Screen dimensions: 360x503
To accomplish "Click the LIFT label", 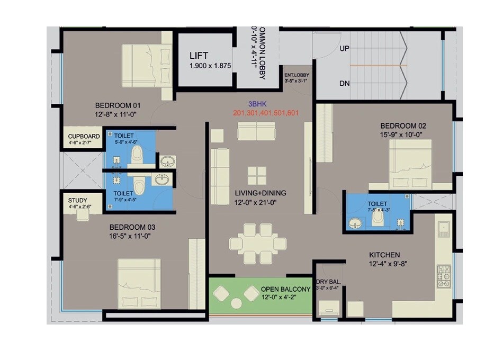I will [x=199, y=56].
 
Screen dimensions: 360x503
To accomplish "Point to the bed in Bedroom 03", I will [x=139, y=283].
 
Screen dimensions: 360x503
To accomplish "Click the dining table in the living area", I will [x=258, y=243].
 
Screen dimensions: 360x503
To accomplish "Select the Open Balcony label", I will [x=285, y=290].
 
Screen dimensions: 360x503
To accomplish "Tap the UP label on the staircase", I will [x=345, y=49].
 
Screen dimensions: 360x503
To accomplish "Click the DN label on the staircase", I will [x=345, y=84].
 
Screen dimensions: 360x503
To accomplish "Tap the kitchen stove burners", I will [x=443, y=276].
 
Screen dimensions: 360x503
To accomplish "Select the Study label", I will [x=78, y=200].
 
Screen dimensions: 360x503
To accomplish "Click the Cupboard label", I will [x=84, y=136].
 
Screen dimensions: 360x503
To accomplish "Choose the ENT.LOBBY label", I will [x=297, y=75].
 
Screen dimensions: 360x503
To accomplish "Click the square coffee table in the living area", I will [x=257, y=175].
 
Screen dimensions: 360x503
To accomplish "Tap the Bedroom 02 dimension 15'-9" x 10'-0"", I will [x=403, y=134].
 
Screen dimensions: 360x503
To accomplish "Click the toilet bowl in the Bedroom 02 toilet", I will [x=378, y=219].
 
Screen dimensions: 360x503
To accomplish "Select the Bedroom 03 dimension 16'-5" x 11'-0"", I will [x=130, y=236].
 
